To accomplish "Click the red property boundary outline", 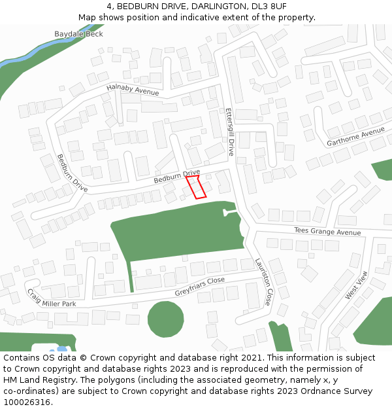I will [x=196, y=187].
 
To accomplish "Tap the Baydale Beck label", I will [x=78, y=33].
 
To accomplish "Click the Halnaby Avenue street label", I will [x=133, y=91].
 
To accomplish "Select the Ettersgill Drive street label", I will [x=229, y=132].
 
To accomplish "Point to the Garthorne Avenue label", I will [x=355, y=137].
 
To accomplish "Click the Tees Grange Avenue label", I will [x=327, y=232].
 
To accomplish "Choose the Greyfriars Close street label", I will [x=199, y=287].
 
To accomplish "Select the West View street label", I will [x=357, y=285].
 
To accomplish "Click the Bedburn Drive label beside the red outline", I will [x=176, y=176].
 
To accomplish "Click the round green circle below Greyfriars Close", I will [x=166, y=319].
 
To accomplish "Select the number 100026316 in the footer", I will [x=26, y=402].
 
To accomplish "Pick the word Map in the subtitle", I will [x=88, y=18].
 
